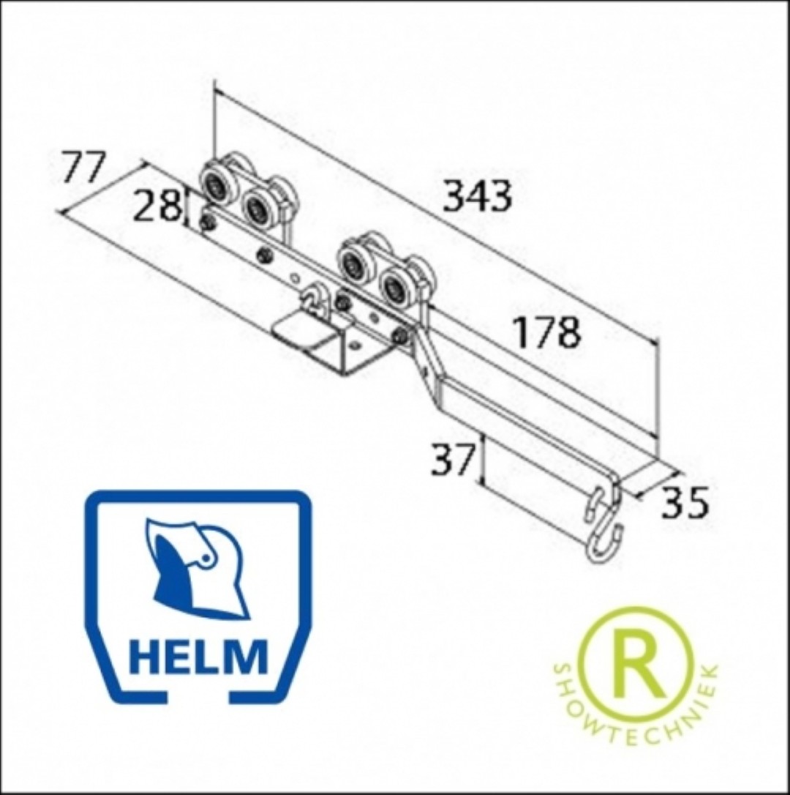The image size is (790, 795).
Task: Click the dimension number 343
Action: pyautogui.click(x=478, y=195)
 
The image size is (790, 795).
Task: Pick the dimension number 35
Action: pyautogui.click(x=684, y=502)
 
